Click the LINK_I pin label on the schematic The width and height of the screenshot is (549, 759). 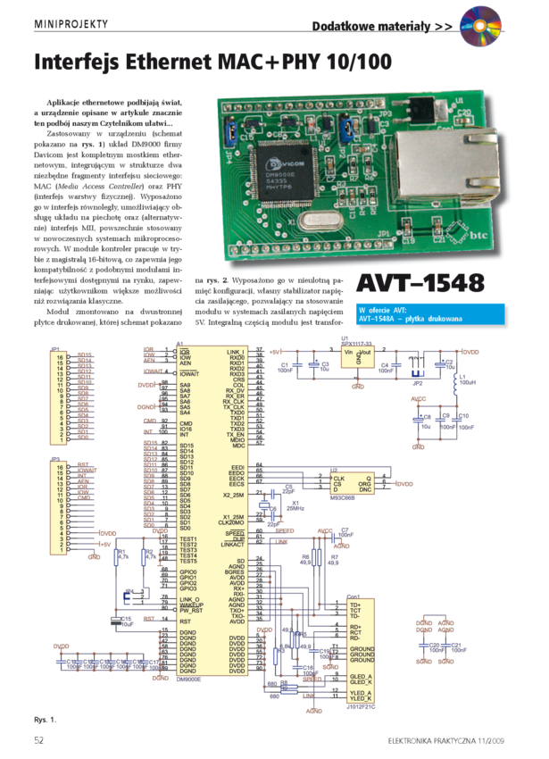[x=237, y=352]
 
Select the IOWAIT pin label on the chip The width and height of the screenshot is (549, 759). [x=191, y=374]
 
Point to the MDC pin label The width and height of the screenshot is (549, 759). [x=238, y=446]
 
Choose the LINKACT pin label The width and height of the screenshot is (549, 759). [x=232, y=544]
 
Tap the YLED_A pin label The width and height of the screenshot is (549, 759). [x=361, y=692]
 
